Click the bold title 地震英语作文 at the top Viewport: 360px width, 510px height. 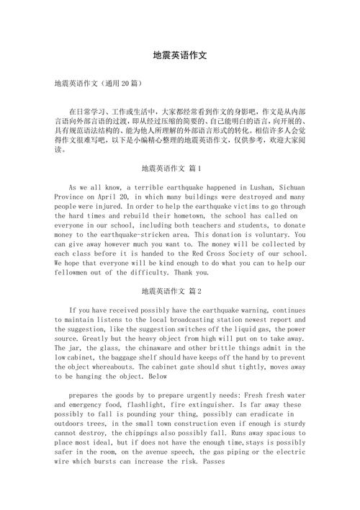pos(180,55)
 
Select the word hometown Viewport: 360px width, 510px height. pos(199,215)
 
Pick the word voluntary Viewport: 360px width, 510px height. pos(265,235)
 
